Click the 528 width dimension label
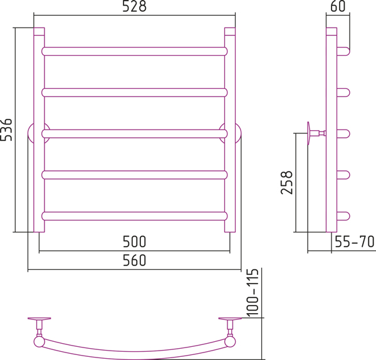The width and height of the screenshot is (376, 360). coord(134,6)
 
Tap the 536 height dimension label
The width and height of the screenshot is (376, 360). coord(6,130)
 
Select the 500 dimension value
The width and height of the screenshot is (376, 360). coord(134,242)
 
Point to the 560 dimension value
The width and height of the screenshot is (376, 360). coord(134,260)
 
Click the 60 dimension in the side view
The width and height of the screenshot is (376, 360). coord(338,6)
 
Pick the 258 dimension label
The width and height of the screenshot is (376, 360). coord(287,182)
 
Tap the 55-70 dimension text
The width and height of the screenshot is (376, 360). coord(355,242)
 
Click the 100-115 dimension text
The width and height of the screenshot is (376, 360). coord(253,292)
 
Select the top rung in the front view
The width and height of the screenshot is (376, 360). coord(134,51)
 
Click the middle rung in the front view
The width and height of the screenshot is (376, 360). coord(134,133)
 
